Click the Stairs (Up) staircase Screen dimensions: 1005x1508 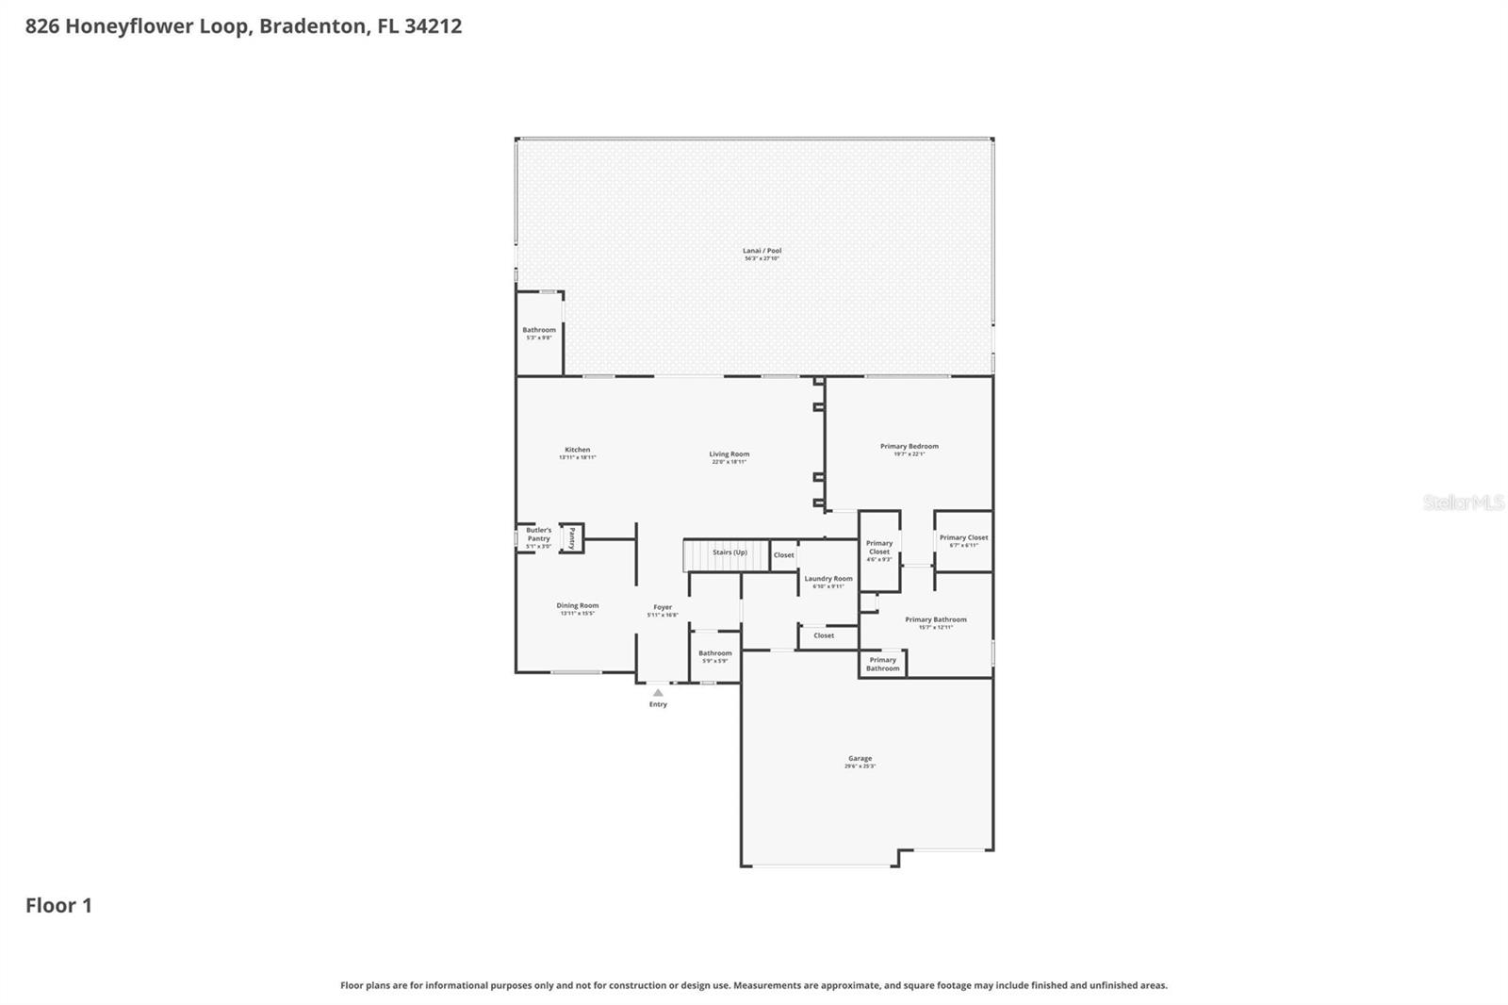[x=726, y=554]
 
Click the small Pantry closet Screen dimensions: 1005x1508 [x=571, y=538]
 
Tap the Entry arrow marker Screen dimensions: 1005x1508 [x=658, y=693]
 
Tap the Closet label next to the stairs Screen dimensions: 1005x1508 [x=783, y=555]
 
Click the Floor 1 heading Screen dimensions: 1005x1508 [x=58, y=905]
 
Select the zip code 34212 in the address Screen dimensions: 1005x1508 [x=433, y=25]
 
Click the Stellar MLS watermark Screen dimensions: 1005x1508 [x=1463, y=502]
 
